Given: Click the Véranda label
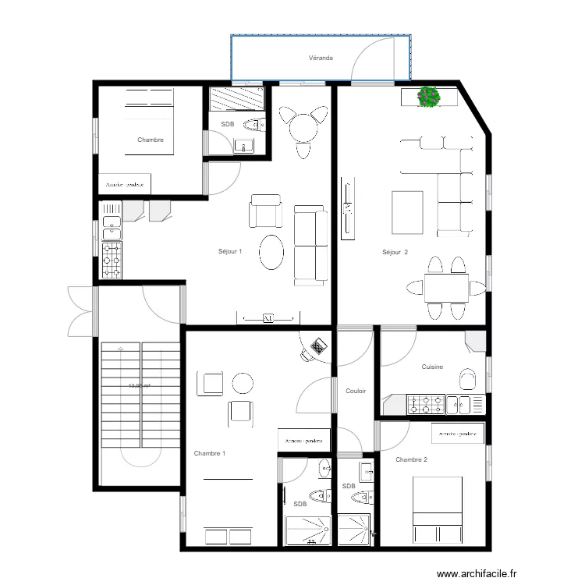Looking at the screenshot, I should click(321, 58).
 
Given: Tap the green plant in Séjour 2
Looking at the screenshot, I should click(428, 97).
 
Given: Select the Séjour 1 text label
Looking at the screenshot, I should click(230, 252).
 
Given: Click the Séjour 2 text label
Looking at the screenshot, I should click(395, 252).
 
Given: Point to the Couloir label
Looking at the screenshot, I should click(356, 392).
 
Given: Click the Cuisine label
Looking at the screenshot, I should click(433, 367).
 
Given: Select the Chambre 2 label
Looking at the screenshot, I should click(411, 459).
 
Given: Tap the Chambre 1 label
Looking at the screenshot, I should click(210, 453).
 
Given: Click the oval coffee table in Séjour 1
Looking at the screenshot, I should click(272, 252).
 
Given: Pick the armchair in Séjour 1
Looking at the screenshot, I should click(265, 212).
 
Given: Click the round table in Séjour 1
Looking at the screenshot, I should click(303, 126).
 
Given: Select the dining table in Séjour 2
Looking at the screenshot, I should click(446, 288).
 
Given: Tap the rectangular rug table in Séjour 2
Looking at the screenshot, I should click(407, 212).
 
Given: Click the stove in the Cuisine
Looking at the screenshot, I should click(422, 404).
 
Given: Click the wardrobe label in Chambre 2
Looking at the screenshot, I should click(457, 434).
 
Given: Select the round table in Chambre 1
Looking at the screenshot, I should click(243, 383).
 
